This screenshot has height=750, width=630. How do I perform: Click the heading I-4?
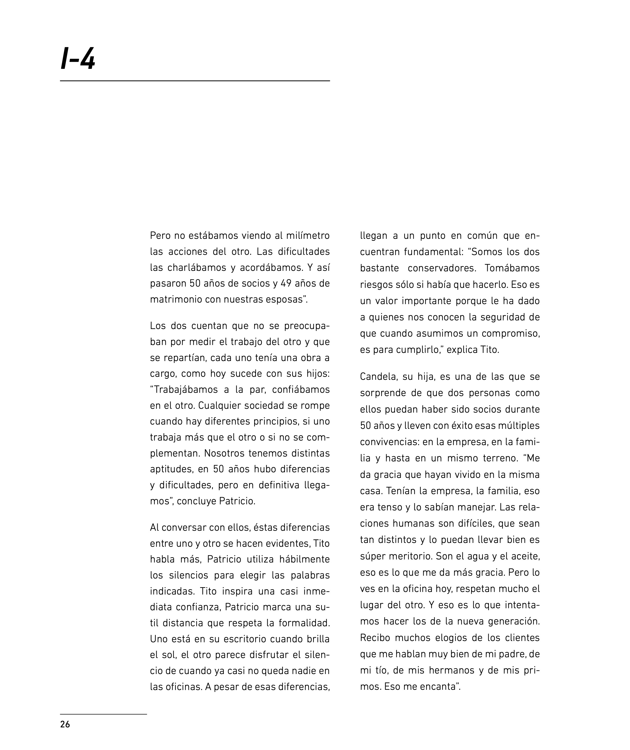point(78,59)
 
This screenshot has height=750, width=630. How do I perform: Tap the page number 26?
point(65,724)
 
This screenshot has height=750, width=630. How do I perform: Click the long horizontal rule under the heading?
point(195,81)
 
